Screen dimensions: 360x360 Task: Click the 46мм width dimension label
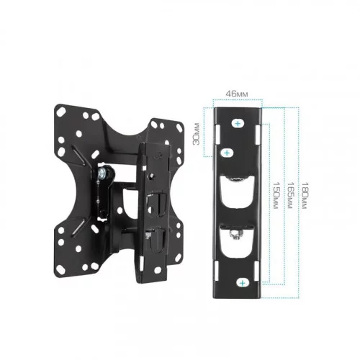tap(237, 94)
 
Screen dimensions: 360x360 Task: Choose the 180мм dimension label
tap(304, 195)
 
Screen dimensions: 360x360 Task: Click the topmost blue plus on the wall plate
tap(238, 124)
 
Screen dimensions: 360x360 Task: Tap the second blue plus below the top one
tap(227, 153)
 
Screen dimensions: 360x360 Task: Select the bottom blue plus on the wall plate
tap(243, 283)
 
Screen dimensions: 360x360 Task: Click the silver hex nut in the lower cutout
tap(236, 234)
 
